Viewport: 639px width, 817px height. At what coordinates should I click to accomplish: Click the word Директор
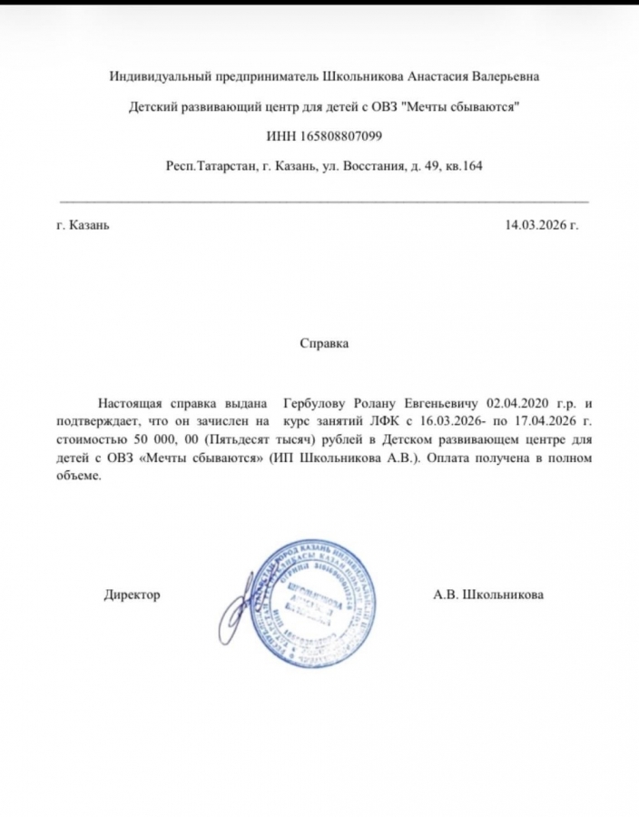click(x=133, y=595)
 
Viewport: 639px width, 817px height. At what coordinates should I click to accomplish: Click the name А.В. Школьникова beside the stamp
click(x=489, y=595)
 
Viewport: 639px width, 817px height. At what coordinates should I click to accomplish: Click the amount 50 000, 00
click(x=153, y=439)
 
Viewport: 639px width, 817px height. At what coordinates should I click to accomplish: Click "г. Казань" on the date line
click(x=83, y=225)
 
